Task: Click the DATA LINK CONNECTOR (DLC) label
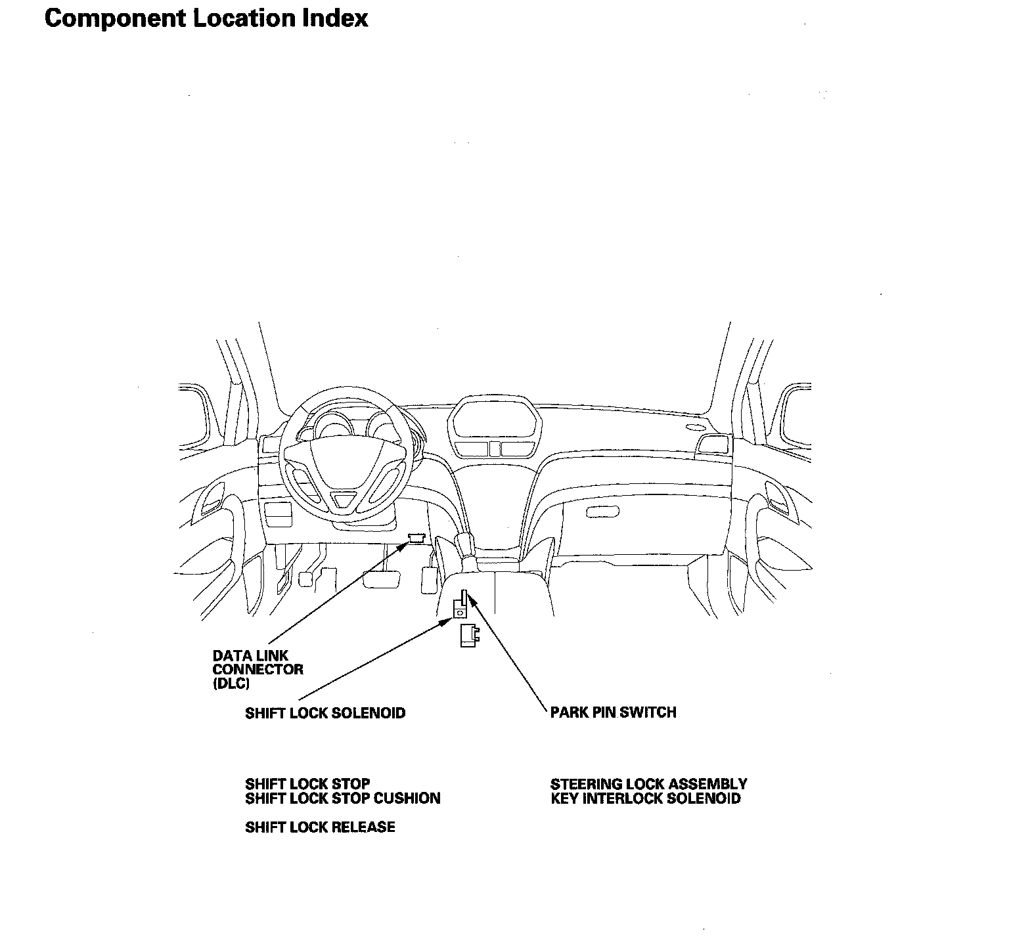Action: pos(258,669)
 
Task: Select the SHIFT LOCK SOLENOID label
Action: pos(325,713)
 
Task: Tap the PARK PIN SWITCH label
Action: pos(613,712)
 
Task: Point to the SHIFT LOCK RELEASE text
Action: pos(320,827)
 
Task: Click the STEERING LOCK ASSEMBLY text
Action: pos(648,784)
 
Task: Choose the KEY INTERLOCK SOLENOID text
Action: pos(646,798)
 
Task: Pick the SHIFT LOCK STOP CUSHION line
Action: pos(342,798)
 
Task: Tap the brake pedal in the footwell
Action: pos(382,579)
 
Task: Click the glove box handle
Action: pos(602,511)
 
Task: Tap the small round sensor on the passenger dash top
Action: pos(692,428)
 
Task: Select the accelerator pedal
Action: pos(428,579)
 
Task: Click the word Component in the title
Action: pos(114,18)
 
